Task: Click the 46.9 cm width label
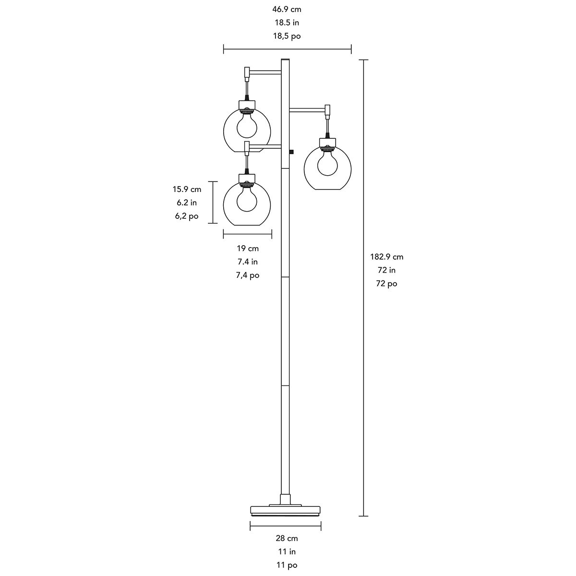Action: click(287, 9)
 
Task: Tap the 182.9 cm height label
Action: click(386, 257)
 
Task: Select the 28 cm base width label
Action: click(287, 539)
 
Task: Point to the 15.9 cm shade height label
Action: click(187, 189)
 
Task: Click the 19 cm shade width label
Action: click(248, 248)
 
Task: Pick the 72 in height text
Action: click(386, 270)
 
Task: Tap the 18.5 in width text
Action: click(287, 23)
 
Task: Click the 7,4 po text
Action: click(248, 275)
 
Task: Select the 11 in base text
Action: click(287, 552)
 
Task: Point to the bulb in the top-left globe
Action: click(247, 124)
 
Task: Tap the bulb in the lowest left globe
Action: click(247, 197)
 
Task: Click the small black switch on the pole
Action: click(292, 152)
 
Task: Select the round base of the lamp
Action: click(286, 510)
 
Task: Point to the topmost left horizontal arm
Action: click(264, 72)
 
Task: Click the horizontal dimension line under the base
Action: click(286, 526)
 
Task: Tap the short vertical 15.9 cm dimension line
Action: click(213, 202)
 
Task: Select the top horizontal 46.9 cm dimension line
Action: click(287, 48)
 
